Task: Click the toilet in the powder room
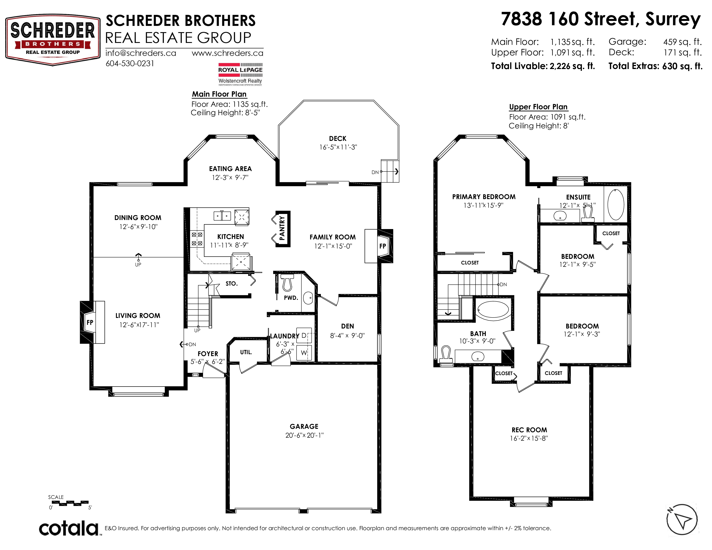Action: (287, 283)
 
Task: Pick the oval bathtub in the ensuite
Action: (616, 204)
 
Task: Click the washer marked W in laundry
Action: (304, 353)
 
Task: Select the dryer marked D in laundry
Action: (304, 335)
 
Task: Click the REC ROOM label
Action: (529, 430)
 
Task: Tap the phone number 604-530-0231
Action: (130, 64)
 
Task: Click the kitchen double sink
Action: (222, 216)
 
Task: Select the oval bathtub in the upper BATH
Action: (493, 310)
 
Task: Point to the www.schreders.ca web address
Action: (228, 53)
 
